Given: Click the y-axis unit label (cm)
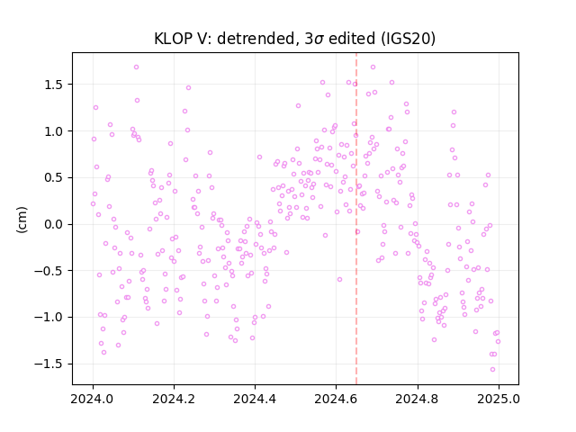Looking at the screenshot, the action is (x=22, y=220).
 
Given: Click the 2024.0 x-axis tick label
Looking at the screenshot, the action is (x=93, y=399).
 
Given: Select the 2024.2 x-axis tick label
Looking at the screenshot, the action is (x=174, y=399).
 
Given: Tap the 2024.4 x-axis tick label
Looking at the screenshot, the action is (x=255, y=399).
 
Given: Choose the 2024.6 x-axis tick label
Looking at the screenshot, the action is (x=336, y=399).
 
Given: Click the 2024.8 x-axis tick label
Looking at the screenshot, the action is (x=418, y=399).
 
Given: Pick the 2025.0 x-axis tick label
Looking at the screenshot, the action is (x=499, y=399).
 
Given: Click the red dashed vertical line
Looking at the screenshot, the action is (x=356, y=219).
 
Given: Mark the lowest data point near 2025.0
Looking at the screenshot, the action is (x=492, y=369).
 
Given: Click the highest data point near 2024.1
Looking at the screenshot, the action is (x=136, y=67).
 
